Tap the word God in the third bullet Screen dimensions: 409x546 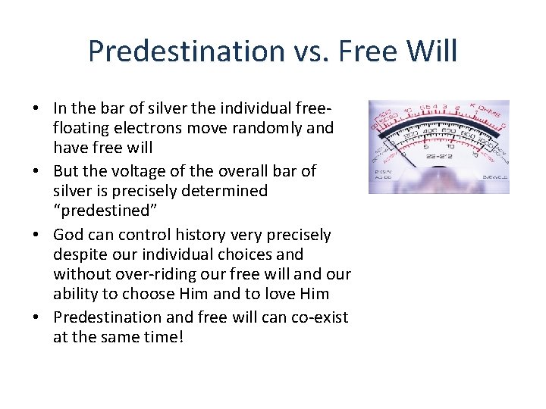coord(69,235)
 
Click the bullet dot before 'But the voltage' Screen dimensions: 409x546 coord(37,171)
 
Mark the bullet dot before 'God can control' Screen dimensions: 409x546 coord(37,235)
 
